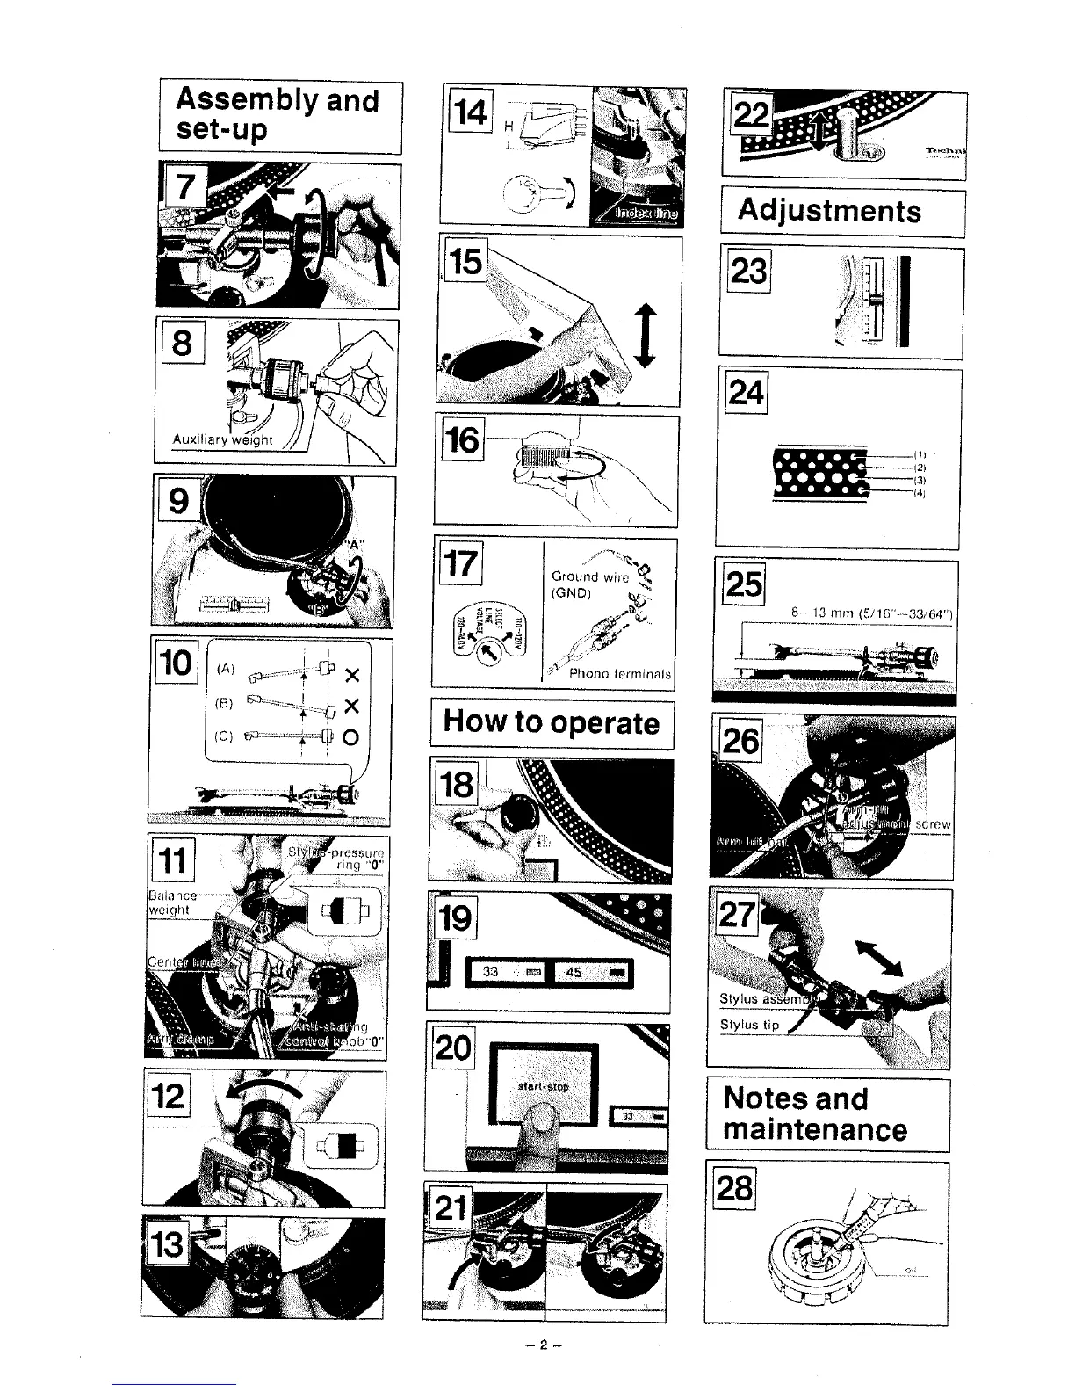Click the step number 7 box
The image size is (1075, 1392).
[184, 187]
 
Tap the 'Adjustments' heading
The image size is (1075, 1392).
[829, 211]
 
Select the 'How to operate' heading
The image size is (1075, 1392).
[551, 721]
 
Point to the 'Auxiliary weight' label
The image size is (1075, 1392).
[222, 439]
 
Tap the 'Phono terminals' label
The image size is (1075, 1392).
[620, 675]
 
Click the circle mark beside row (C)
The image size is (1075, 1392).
[352, 737]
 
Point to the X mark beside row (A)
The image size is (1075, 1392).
[352, 676]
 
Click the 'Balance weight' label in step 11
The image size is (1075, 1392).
[168, 903]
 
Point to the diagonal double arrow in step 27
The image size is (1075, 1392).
[879, 958]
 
